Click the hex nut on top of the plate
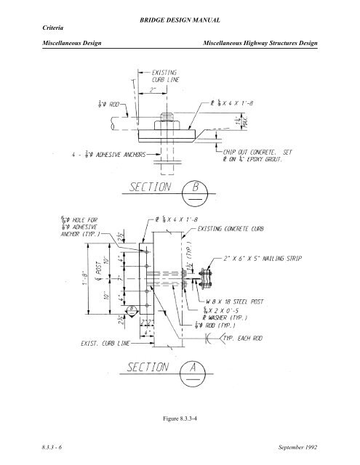click(163, 116)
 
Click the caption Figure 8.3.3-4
click(180, 414)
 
